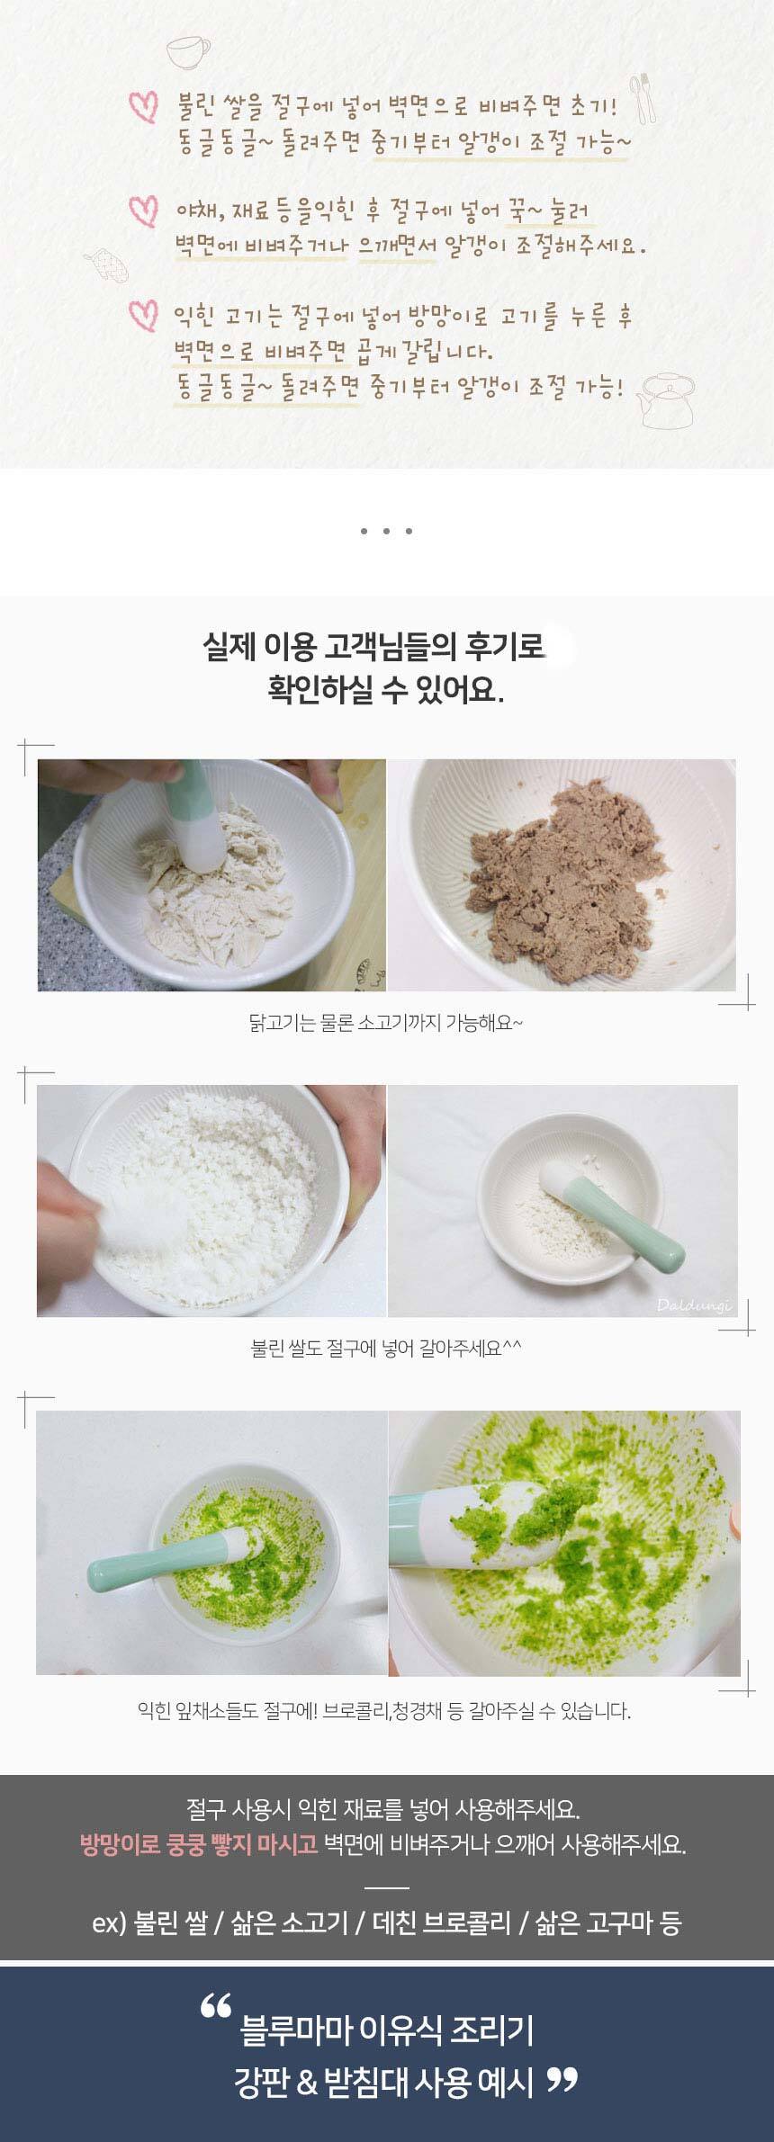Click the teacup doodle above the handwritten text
[x=187, y=50]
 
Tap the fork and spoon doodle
[x=643, y=97]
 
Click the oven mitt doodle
[x=106, y=266]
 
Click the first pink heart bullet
[x=143, y=106]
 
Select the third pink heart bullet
[x=143, y=316]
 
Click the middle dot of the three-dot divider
[x=385, y=532]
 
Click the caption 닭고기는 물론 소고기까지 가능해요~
[x=385, y=1022]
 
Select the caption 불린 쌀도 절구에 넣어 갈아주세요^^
[x=385, y=1348]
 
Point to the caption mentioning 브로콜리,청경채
[x=384, y=1710]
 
